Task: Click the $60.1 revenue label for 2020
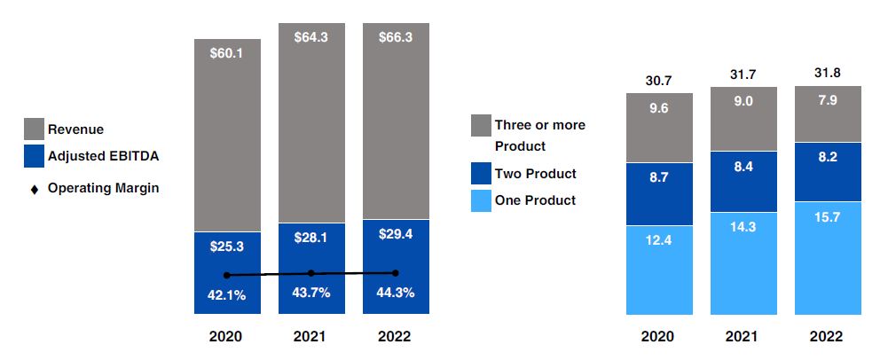(x=227, y=53)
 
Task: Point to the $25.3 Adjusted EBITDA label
(x=227, y=247)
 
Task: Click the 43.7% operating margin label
(x=311, y=293)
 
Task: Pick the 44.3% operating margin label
(x=396, y=293)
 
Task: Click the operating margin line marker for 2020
(x=227, y=275)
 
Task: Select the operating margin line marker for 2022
(x=396, y=272)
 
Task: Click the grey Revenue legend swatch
(x=32, y=129)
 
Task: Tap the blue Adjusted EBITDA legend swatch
(x=32, y=156)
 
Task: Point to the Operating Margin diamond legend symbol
(x=33, y=188)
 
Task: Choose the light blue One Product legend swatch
(x=482, y=200)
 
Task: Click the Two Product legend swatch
(x=482, y=174)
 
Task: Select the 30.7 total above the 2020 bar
(x=659, y=81)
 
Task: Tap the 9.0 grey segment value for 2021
(x=743, y=101)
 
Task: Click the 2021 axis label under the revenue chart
(x=311, y=337)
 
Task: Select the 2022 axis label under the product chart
(x=828, y=337)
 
